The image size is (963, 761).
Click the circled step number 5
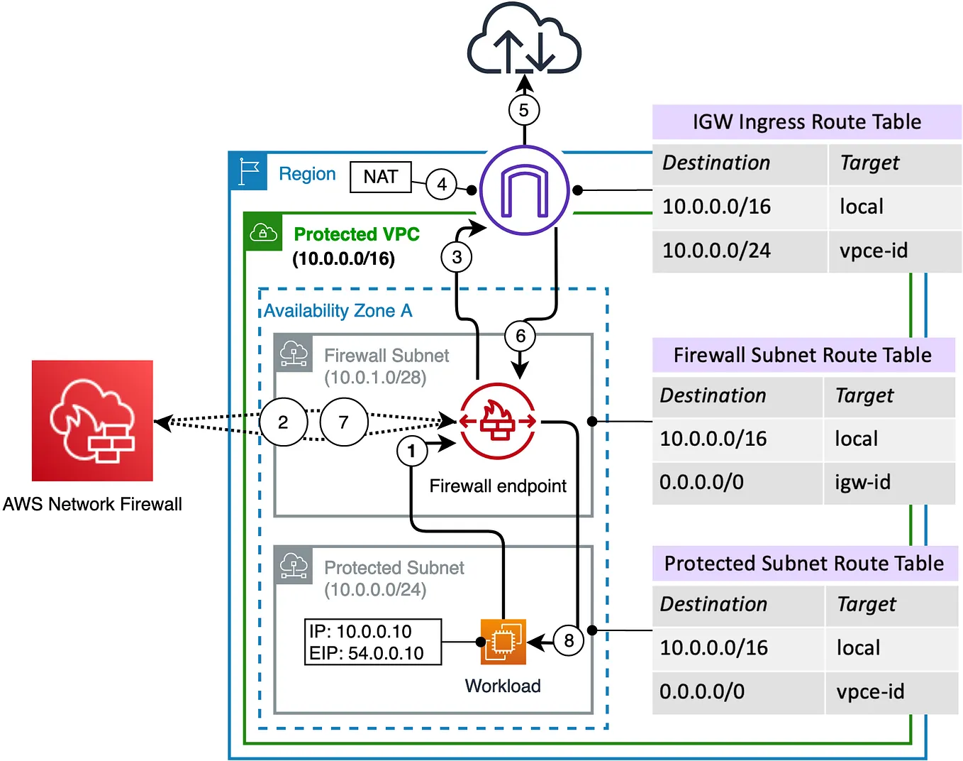click(x=524, y=110)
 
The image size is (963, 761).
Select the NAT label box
click(x=381, y=177)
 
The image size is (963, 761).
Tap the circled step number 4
click(x=441, y=185)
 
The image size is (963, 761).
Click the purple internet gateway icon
click(x=524, y=190)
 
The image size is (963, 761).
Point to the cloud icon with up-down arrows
click(x=524, y=40)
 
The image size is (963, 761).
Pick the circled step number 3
click(x=457, y=257)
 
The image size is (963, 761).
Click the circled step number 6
click(x=520, y=336)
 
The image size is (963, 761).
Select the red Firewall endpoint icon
click(x=498, y=421)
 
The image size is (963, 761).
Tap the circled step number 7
click(x=344, y=422)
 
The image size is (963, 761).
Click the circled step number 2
click(x=283, y=422)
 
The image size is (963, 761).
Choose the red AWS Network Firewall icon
click(x=92, y=420)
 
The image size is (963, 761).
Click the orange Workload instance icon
click(x=503, y=641)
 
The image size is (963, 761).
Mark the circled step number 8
click(x=569, y=640)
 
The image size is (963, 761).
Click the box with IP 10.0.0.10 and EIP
click(x=373, y=642)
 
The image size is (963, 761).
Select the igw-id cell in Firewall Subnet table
click(x=862, y=483)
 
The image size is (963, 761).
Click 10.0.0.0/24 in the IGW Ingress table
click(x=716, y=251)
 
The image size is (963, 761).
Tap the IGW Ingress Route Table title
click(x=806, y=122)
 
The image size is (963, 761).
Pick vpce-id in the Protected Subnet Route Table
click(x=870, y=691)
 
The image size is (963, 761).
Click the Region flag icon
click(x=248, y=171)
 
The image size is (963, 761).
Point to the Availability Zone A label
click(x=338, y=311)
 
